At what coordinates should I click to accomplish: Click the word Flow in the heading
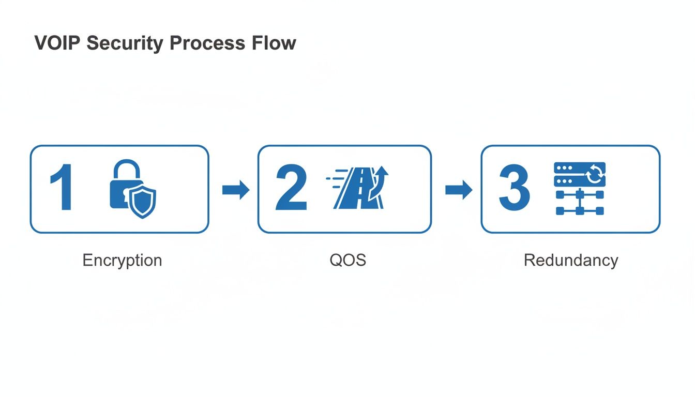pos(278,43)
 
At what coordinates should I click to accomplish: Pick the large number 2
pos(291,189)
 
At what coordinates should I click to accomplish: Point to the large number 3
pos(514,189)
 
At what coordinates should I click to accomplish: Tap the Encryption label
pos(122,259)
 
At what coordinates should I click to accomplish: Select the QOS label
pos(347,259)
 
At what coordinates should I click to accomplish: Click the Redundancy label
pos(570,259)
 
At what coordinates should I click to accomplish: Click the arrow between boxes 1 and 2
pos(235,190)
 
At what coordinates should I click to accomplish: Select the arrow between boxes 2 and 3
pos(458,190)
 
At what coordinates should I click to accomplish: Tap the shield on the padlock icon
pos(142,202)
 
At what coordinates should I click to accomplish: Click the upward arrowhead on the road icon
pos(383,171)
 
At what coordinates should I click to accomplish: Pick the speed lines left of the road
pos(334,179)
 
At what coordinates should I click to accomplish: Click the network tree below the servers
pos(580,202)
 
